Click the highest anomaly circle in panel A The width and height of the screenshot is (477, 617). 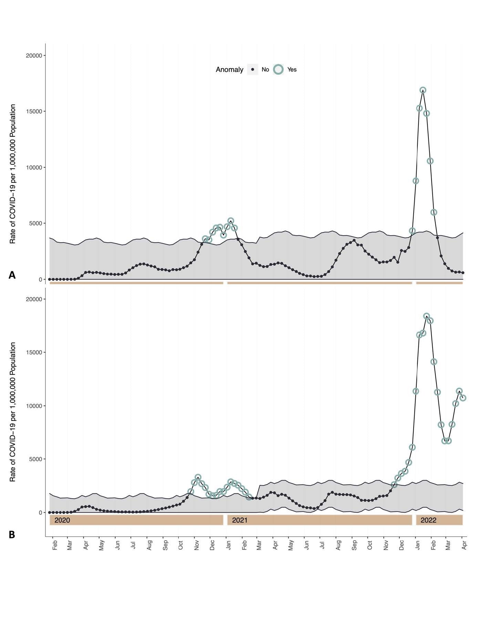click(x=423, y=90)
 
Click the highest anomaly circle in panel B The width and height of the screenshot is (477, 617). click(x=426, y=316)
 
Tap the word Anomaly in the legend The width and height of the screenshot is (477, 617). click(x=229, y=70)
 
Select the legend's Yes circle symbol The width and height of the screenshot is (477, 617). click(x=278, y=70)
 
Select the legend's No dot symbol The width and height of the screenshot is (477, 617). click(x=253, y=70)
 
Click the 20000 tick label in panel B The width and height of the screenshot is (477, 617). click(x=34, y=299)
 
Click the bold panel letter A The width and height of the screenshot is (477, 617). click(x=12, y=275)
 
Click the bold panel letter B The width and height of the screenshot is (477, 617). click(x=12, y=535)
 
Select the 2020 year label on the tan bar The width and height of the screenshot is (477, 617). click(x=62, y=520)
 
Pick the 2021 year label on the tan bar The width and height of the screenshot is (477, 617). click(x=240, y=520)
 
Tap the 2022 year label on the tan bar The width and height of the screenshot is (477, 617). click(x=428, y=520)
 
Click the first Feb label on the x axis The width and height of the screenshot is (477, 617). click(x=55, y=545)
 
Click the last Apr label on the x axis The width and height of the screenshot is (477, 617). click(x=464, y=545)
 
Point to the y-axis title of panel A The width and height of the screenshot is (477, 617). click(x=13, y=174)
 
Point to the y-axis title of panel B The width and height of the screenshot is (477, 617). click(x=13, y=412)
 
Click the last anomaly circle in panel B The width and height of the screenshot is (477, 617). click(x=463, y=398)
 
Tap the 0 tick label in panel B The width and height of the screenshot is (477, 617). click(x=40, y=513)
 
